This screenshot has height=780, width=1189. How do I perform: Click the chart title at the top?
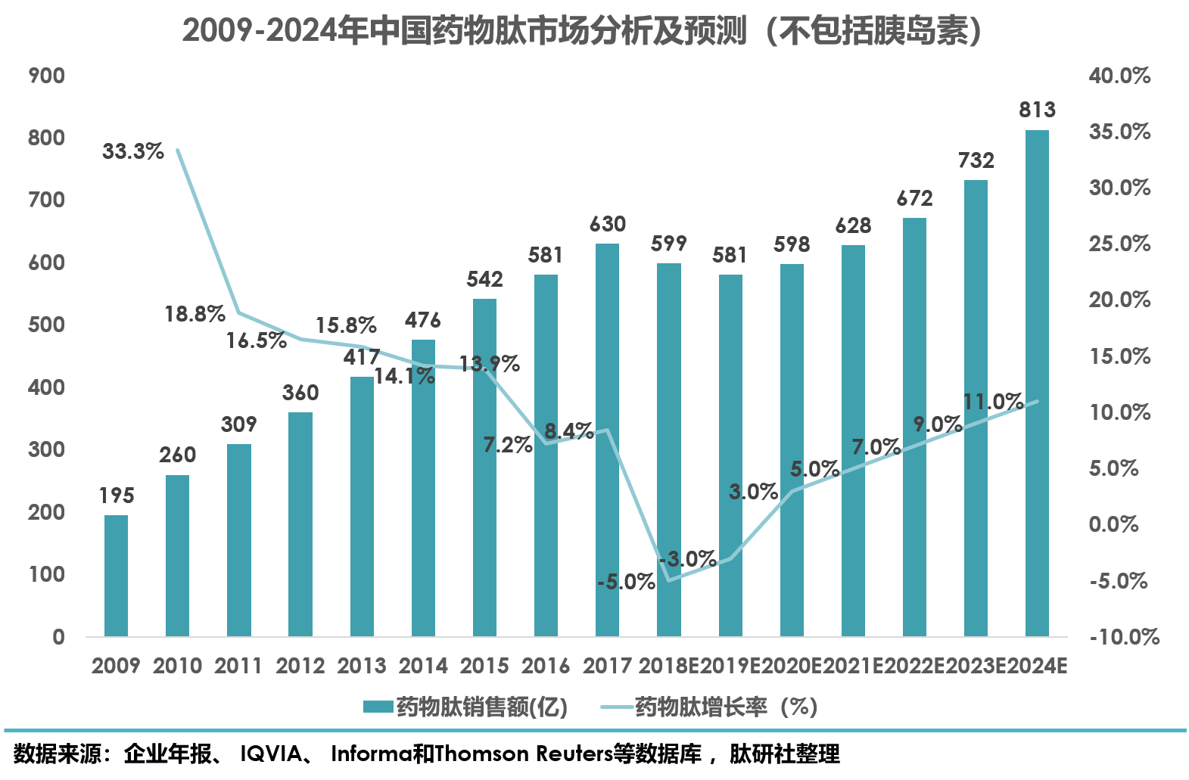581,32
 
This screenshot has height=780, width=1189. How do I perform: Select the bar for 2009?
116,576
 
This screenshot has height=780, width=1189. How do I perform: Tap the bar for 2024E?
1037,383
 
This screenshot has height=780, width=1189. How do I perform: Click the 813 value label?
1037,110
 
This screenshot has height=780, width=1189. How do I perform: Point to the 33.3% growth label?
133,151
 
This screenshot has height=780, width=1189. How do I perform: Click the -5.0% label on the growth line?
626,582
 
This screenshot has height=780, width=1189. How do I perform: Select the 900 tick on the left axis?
46,76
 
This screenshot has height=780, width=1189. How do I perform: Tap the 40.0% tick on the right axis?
1119,76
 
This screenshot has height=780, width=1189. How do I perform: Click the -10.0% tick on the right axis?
1124,637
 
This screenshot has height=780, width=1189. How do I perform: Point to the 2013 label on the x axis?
362,666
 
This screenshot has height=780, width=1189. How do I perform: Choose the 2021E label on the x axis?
853,666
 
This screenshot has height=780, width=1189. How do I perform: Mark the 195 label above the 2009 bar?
117,496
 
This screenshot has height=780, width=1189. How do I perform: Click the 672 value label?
914,199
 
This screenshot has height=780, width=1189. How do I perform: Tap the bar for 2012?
300,524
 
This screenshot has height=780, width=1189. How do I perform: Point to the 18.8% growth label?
195,314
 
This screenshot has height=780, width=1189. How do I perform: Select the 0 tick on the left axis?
58,637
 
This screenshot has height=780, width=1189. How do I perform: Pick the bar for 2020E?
792,450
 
